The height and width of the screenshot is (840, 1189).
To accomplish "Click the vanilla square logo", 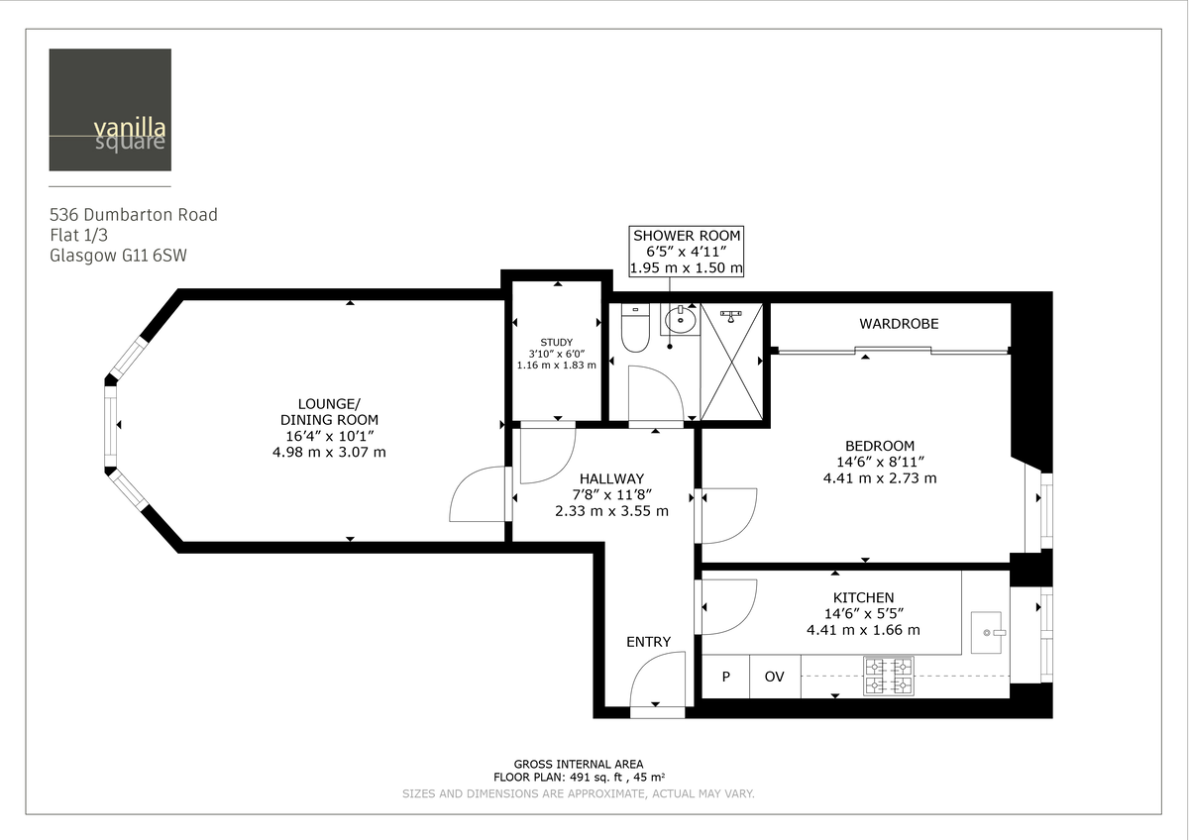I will point(110,110).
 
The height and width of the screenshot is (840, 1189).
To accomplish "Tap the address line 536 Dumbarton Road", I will point(134,215).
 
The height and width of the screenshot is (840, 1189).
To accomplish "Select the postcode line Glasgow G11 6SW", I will point(118,255).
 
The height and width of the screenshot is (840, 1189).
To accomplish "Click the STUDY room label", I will point(556,343).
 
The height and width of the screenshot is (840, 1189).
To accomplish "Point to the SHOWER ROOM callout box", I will point(687,252).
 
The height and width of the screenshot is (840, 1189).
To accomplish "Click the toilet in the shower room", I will point(633,330).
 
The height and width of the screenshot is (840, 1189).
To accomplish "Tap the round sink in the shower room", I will point(680,319).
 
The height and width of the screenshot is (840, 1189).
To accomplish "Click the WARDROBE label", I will point(899,324).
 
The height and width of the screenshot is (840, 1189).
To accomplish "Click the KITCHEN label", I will point(863,597).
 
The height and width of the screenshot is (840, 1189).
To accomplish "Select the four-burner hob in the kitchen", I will point(888,676).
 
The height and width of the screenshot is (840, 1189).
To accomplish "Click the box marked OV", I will point(774,677).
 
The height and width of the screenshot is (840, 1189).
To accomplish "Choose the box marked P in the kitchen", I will point(725,677).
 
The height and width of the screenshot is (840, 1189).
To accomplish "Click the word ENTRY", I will point(648,642).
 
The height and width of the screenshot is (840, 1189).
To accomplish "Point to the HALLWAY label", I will point(611,478).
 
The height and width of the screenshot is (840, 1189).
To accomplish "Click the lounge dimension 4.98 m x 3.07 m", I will point(329,452).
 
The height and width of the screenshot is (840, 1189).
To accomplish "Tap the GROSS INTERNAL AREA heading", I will point(579,764).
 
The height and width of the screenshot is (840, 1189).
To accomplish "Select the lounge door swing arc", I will point(478,495).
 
